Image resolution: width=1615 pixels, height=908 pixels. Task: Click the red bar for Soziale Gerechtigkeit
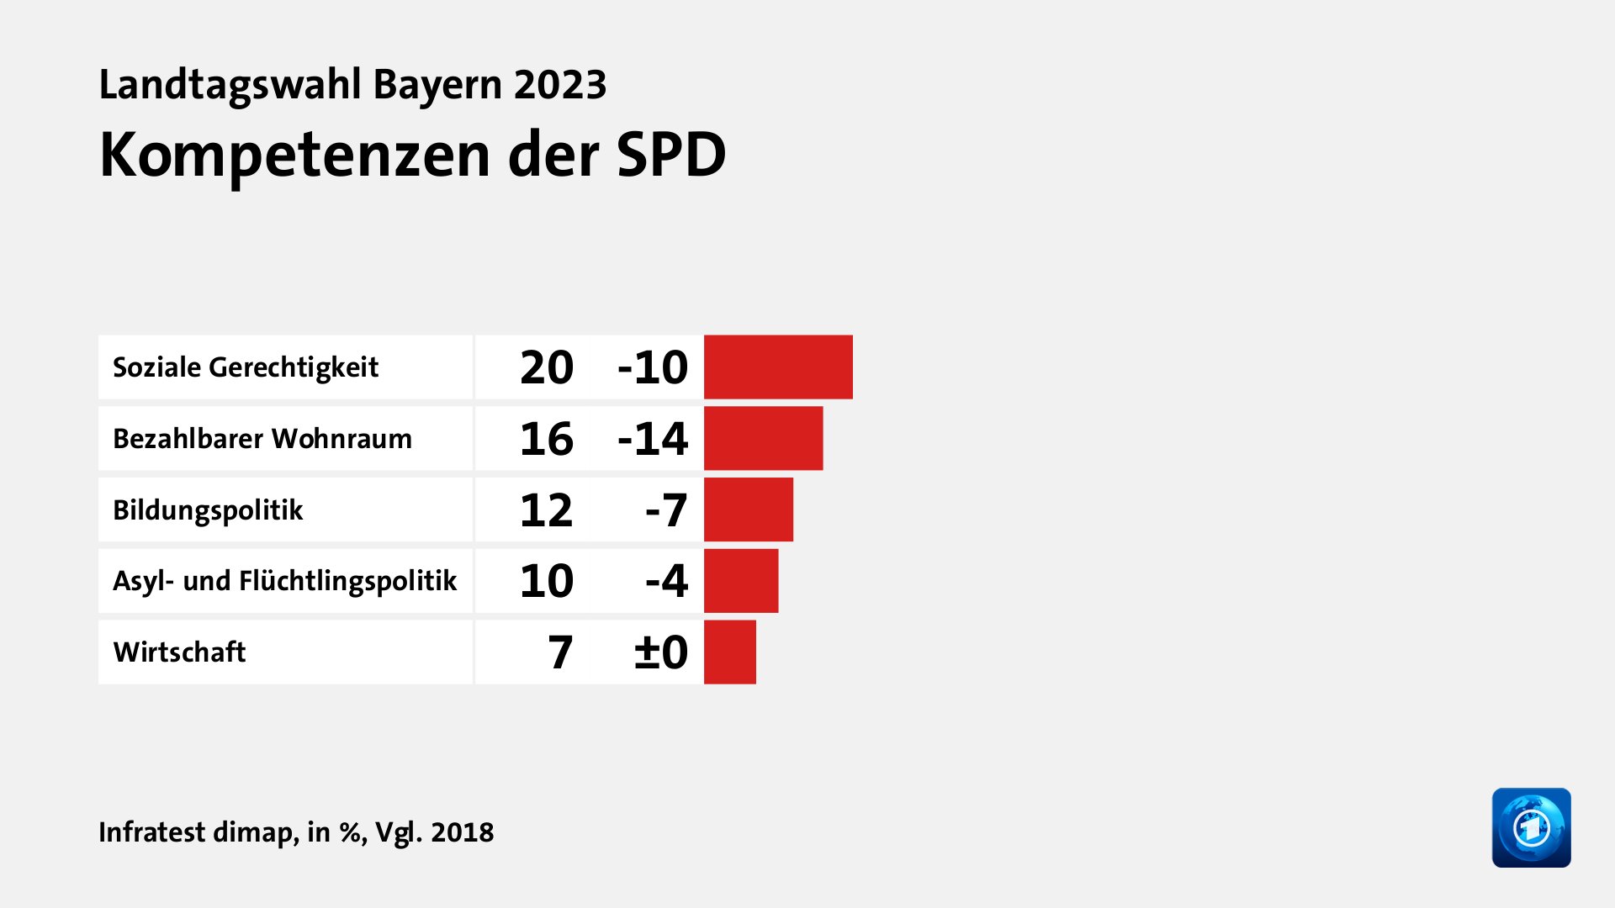click(778, 367)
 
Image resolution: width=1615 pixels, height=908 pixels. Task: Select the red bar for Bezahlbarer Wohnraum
click(763, 438)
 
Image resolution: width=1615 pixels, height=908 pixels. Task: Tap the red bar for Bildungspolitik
click(748, 509)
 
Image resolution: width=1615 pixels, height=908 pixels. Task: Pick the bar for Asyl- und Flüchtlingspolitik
click(740, 581)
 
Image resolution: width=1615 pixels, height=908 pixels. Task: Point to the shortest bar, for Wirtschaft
click(729, 652)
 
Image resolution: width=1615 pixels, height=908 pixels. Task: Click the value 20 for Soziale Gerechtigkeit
click(547, 367)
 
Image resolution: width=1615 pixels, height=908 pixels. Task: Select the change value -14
click(653, 439)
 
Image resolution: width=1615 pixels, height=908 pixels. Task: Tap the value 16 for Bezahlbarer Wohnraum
click(547, 439)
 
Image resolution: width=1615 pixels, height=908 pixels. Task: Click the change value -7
click(666, 510)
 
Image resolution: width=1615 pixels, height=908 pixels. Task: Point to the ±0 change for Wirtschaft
click(661, 652)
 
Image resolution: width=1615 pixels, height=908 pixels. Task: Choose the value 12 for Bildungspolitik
click(547, 510)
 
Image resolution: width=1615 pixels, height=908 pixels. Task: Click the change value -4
click(666, 581)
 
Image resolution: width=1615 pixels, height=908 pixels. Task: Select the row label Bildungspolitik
click(208, 510)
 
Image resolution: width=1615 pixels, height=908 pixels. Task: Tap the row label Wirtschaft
click(179, 652)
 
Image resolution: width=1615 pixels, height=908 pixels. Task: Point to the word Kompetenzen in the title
click(294, 156)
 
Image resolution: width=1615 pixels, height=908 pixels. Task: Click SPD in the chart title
click(670, 156)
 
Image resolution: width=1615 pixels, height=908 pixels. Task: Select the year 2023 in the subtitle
click(560, 85)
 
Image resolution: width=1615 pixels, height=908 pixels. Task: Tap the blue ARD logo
click(1531, 827)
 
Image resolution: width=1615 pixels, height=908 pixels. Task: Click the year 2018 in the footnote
click(462, 832)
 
